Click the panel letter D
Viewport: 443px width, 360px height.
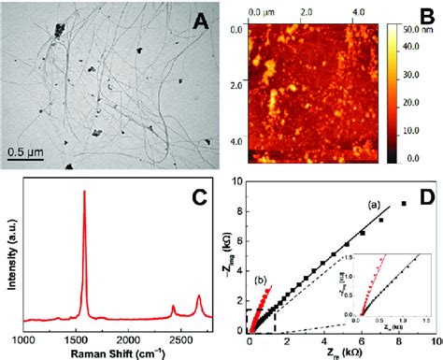(x=426, y=198)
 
